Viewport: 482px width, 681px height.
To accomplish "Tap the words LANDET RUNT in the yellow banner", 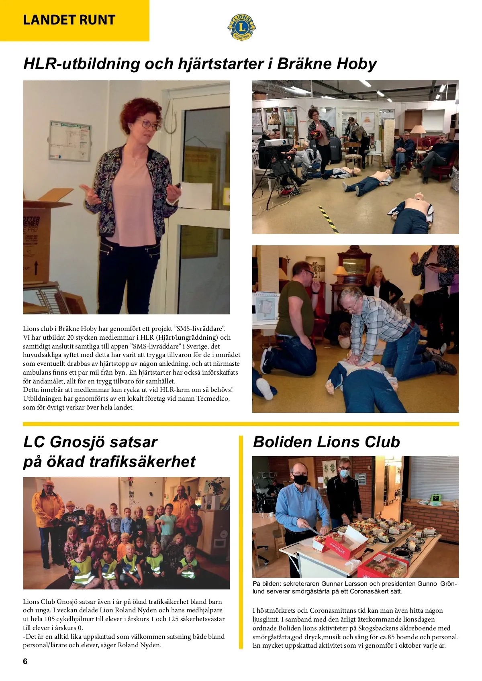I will pyautogui.click(x=69, y=20).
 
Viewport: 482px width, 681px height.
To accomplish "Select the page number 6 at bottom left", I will pyautogui.click(x=25, y=661).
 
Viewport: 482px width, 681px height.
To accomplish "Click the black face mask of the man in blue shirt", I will pyautogui.click(x=300, y=479).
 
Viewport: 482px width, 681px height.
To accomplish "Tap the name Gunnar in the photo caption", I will pyautogui.click(x=332, y=584).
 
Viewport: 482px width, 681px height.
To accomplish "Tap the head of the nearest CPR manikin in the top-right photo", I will pyautogui.click(x=419, y=198).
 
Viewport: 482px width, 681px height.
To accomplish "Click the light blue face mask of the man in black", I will pyautogui.click(x=344, y=474).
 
